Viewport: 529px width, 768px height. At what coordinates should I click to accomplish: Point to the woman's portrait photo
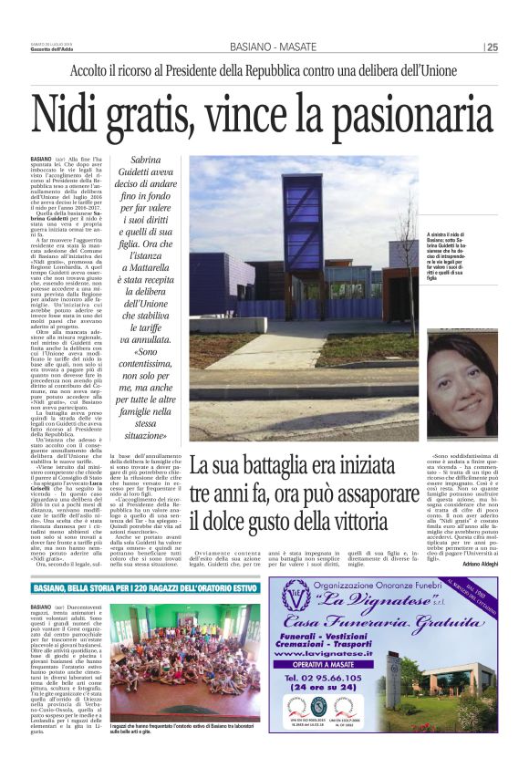point(462,384)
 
